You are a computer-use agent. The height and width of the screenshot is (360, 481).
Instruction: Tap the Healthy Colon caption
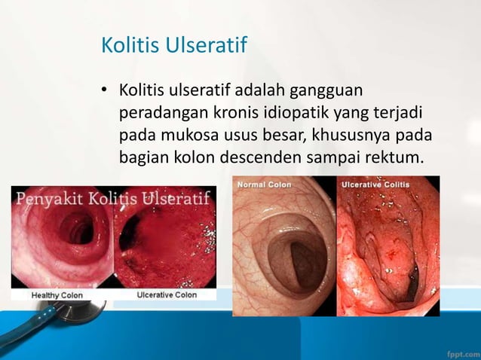(57, 295)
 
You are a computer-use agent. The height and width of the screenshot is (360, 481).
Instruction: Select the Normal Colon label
(264, 183)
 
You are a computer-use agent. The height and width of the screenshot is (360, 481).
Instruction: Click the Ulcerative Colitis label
(375, 183)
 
